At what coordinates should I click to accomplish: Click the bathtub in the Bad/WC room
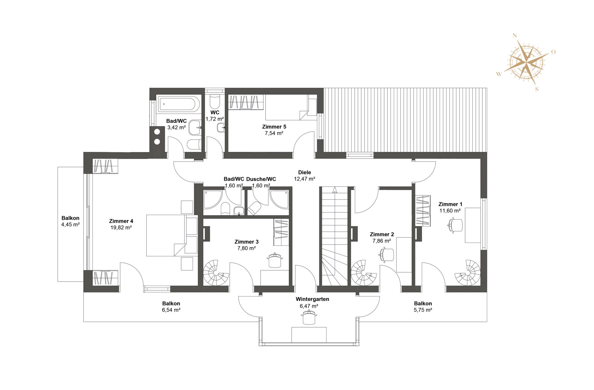[x=177, y=104]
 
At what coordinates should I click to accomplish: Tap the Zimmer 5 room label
[x=274, y=127]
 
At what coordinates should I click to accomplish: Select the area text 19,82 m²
[x=121, y=228]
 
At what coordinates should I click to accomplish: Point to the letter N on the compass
[x=515, y=36]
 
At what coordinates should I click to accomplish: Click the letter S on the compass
[x=537, y=89]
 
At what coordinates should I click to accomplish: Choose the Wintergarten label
[x=312, y=299]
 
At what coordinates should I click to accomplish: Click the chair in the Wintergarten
[x=309, y=318]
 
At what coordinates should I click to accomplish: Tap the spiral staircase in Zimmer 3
[x=216, y=273]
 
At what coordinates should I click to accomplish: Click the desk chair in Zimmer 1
[x=455, y=225]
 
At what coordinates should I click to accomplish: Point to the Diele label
[x=304, y=172]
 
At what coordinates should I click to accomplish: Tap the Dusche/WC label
[x=261, y=179]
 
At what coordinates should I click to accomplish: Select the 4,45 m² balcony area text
[x=71, y=225]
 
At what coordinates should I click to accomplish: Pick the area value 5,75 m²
[x=423, y=310]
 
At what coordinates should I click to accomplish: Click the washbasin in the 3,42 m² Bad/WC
[x=195, y=128]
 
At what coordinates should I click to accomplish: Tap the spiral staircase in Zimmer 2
[x=364, y=273]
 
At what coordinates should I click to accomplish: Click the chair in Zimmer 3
[x=275, y=260]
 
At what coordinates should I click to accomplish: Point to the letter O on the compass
[x=553, y=52]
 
